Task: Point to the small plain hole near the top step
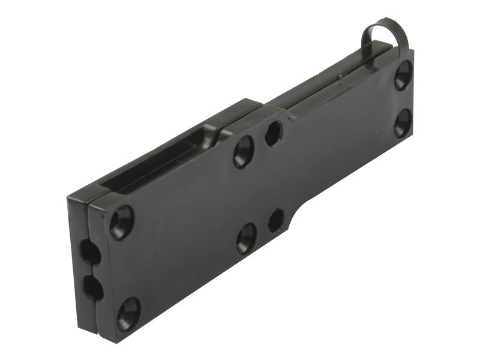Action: pyautogui.click(x=273, y=133)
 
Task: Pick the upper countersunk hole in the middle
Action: pyautogui.click(x=243, y=151)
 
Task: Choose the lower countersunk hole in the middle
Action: pyautogui.click(x=246, y=238)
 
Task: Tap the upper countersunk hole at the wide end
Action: pyautogui.click(x=121, y=223)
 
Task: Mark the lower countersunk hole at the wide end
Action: pyautogui.click(x=128, y=313)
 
